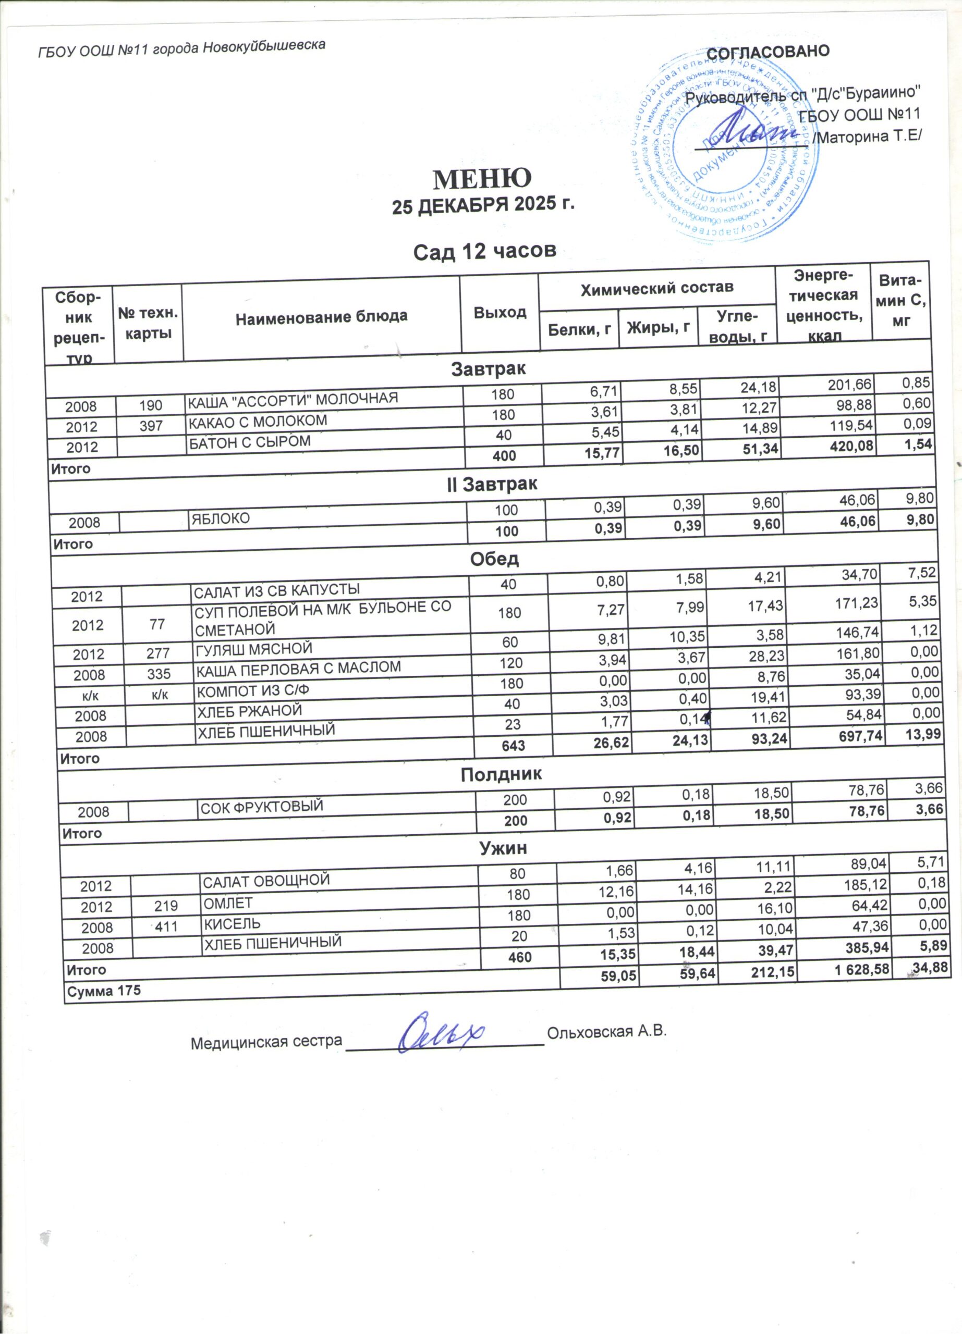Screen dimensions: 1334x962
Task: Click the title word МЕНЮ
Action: tap(482, 178)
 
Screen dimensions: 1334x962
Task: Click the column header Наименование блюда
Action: tap(321, 317)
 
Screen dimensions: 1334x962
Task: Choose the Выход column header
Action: tap(500, 312)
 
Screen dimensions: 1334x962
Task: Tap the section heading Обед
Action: tap(494, 559)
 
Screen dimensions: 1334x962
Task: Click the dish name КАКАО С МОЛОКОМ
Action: tap(257, 421)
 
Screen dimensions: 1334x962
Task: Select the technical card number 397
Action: tap(151, 426)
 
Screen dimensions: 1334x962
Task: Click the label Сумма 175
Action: tap(104, 991)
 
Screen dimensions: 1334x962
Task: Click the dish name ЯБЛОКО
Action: tap(220, 518)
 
